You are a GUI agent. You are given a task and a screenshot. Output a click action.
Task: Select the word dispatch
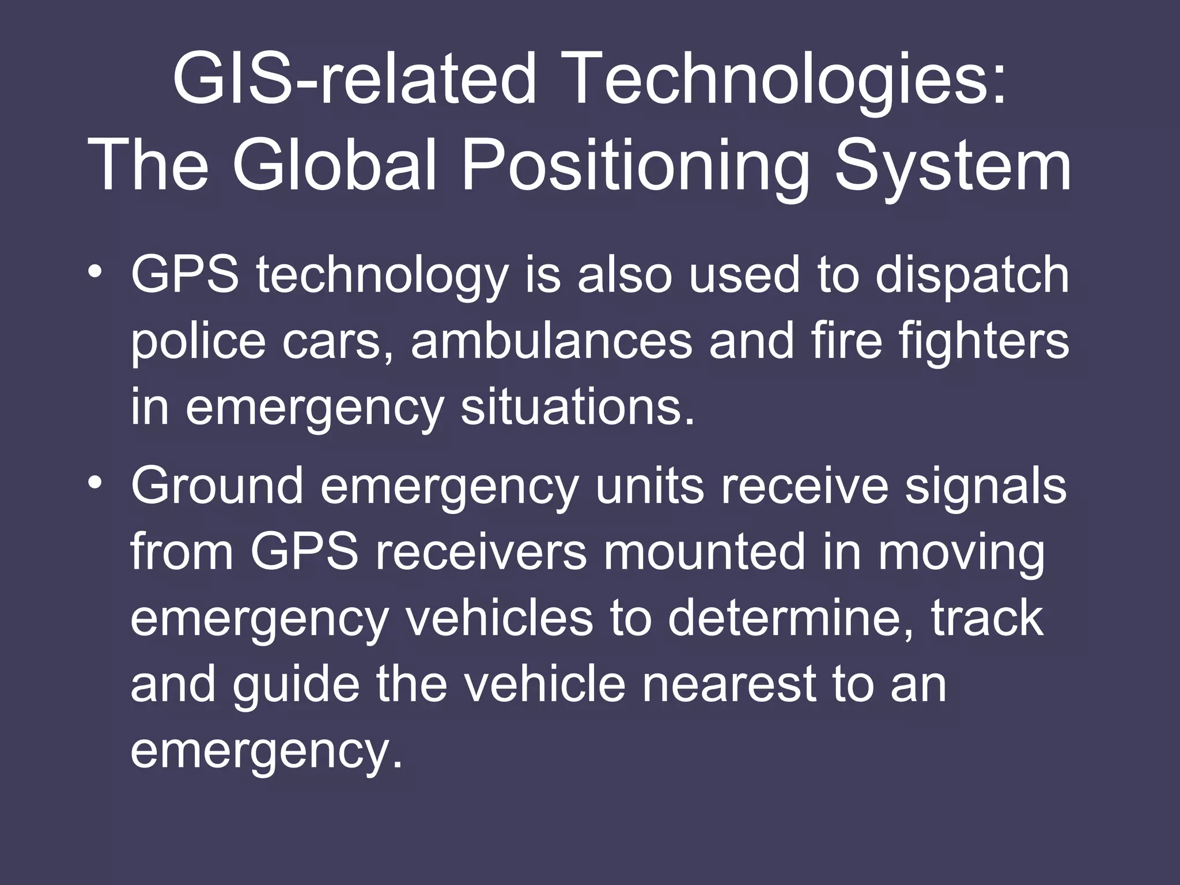tap(972, 275)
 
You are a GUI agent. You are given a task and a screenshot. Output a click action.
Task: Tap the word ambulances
tap(551, 341)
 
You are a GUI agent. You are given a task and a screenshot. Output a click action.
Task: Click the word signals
tap(985, 486)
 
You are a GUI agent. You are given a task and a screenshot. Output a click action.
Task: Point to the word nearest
tap(728, 684)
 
